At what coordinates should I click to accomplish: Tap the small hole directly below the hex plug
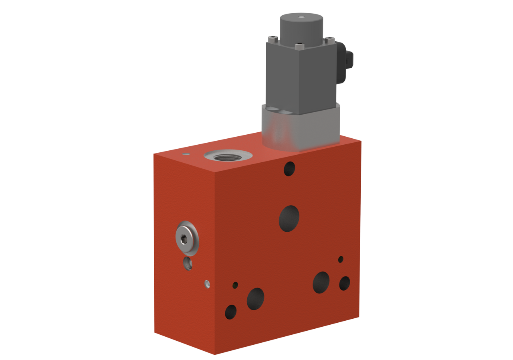tap(188, 263)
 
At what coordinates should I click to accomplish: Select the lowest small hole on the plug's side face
tap(207, 283)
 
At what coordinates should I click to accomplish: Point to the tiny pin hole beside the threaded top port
tap(185, 153)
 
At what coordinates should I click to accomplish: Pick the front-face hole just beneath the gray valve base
tap(289, 168)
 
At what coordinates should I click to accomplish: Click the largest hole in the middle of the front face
tap(289, 218)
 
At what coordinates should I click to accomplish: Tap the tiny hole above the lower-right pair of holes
tap(341, 259)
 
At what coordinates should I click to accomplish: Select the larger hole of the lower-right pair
tap(321, 282)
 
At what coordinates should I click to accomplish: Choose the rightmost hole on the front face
tap(345, 283)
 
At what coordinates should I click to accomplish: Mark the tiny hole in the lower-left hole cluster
tap(235, 285)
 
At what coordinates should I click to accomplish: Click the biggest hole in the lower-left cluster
tap(255, 299)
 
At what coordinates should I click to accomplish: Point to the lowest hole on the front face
tap(231, 311)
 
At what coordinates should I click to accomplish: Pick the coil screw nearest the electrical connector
tap(329, 39)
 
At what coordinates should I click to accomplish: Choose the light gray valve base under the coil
tap(301, 128)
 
